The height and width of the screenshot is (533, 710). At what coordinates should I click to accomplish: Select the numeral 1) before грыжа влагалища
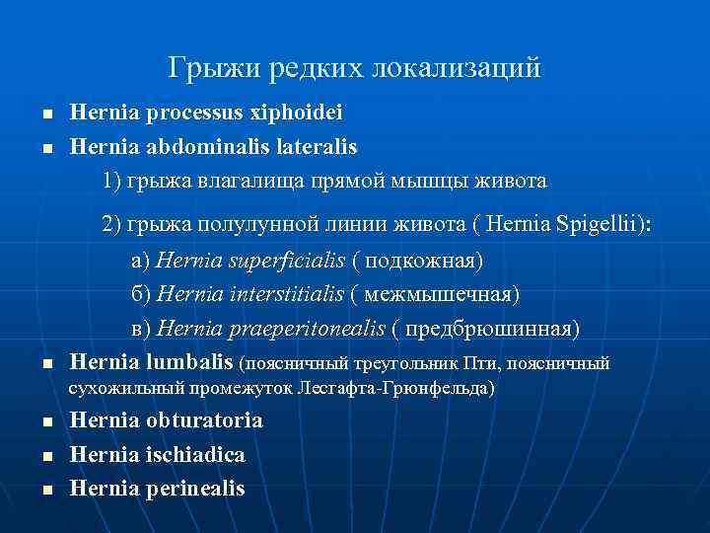pyautogui.click(x=111, y=182)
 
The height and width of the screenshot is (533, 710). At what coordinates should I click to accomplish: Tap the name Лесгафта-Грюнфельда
pyautogui.click(x=399, y=389)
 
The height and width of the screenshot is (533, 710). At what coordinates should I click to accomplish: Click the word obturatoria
pyautogui.click(x=204, y=420)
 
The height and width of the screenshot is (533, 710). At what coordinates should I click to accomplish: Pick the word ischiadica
pyautogui.click(x=195, y=454)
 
